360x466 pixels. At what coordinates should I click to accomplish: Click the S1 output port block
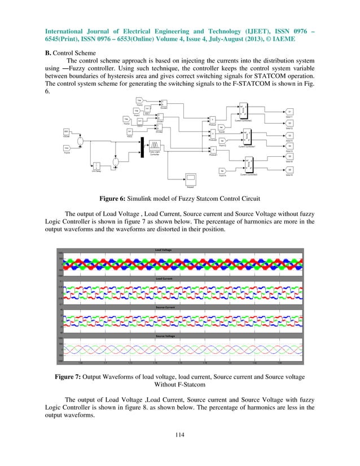(x=289, y=112)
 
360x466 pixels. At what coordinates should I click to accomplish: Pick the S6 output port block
(x=289, y=170)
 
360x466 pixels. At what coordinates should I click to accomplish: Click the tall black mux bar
(x=142, y=144)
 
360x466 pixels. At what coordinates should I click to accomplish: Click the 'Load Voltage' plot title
(x=163, y=249)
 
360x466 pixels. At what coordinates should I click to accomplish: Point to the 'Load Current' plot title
(x=163, y=279)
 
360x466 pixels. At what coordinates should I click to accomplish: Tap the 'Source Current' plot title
(x=163, y=307)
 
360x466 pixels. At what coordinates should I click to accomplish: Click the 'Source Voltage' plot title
(x=163, y=336)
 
